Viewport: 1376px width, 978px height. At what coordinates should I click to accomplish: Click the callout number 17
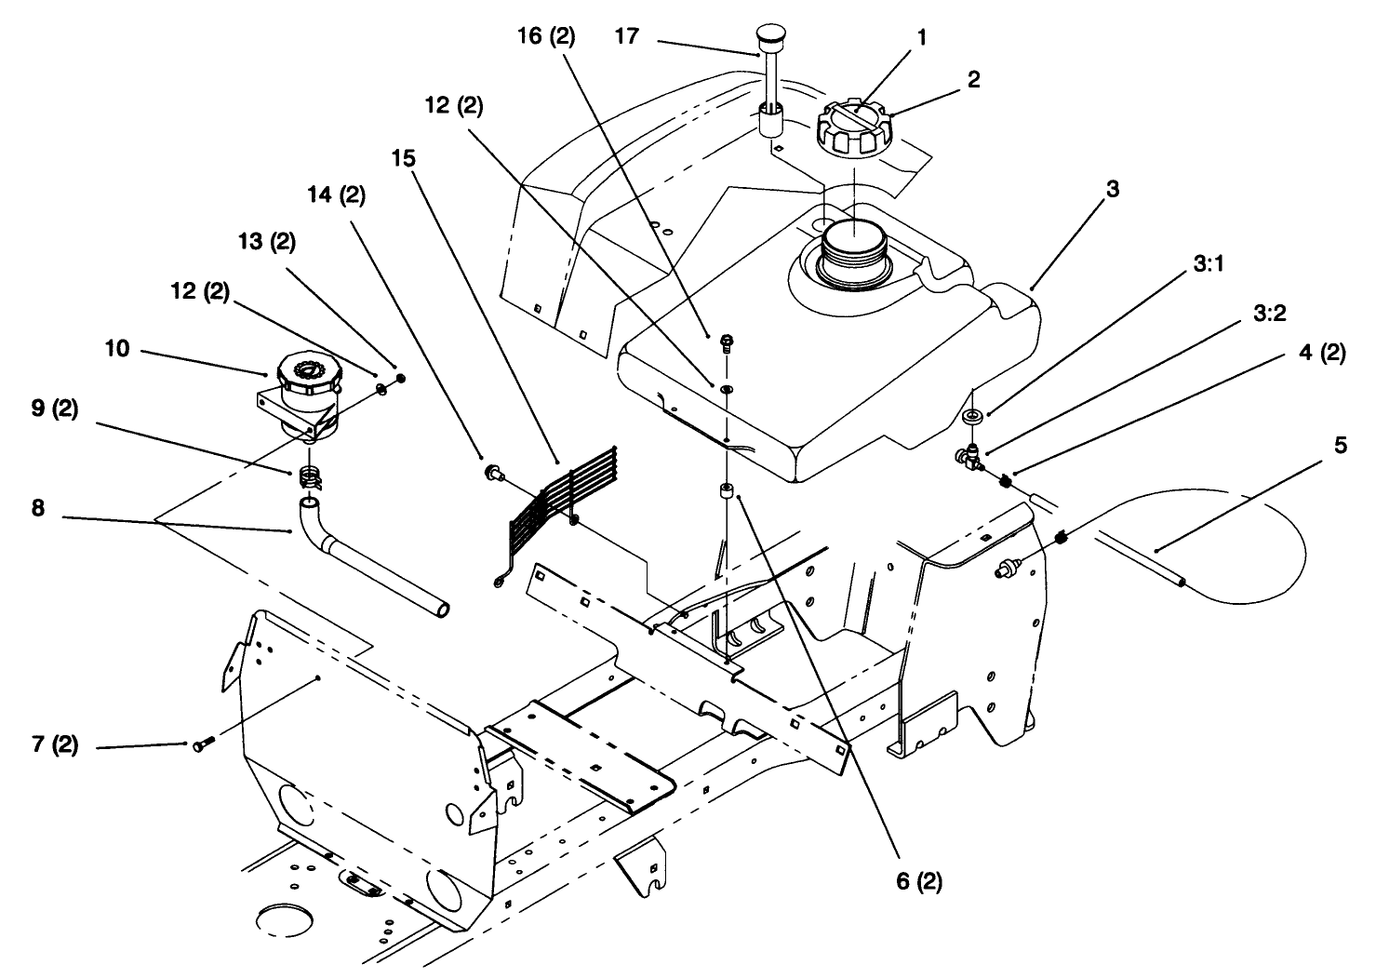pyautogui.click(x=627, y=36)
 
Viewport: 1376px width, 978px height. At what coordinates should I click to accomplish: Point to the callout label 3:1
pyautogui.click(x=1209, y=264)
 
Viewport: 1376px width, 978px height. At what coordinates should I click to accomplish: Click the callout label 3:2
pyautogui.click(x=1269, y=314)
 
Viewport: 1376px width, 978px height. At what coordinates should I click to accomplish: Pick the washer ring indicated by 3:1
pyautogui.click(x=972, y=416)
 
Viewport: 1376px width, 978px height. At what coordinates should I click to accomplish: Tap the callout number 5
pyautogui.click(x=1341, y=445)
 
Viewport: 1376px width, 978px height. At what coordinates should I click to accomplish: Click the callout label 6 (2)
pyautogui.click(x=919, y=881)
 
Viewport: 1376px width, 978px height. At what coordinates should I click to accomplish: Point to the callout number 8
pyautogui.click(x=38, y=508)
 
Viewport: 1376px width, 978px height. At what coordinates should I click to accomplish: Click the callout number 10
pyautogui.click(x=116, y=348)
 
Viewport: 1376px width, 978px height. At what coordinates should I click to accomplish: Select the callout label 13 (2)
pyautogui.click(x=267, y=241)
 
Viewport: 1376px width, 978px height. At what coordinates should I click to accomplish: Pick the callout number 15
pyautogui.click(x=404, y=158)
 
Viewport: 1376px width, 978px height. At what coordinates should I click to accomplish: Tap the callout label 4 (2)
pyautogui.click(x=1322, y=354)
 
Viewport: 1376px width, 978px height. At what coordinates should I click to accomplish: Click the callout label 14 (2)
pyautogui.click(x=337, y=195)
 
